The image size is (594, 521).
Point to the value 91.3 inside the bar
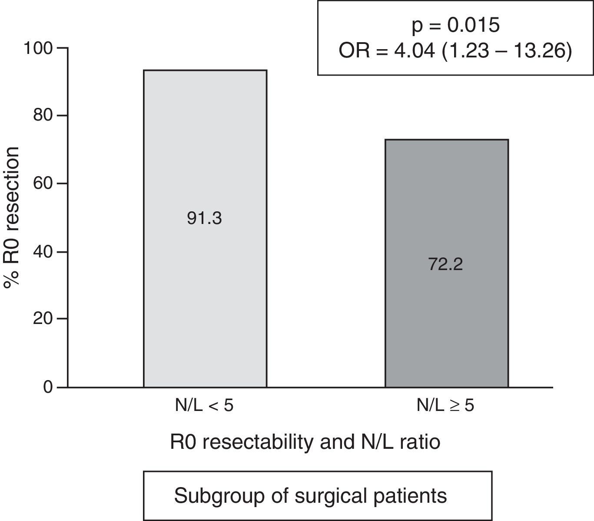[x=204, y=218]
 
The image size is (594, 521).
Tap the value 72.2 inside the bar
[x=446, y=264]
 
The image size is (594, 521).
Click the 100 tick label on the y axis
[x=39, y=48]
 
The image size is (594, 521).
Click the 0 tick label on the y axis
[x=48, y=387]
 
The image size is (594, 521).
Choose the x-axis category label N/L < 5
[x=204, y=406]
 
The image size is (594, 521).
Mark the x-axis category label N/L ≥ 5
[x=445, y=406]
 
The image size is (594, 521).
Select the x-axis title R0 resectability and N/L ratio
[x=305, y=442]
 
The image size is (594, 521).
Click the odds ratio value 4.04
[x=414, y=51]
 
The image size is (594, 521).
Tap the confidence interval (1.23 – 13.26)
[x=508, y=51]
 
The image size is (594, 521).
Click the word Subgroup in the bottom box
[x=212, y=496]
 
